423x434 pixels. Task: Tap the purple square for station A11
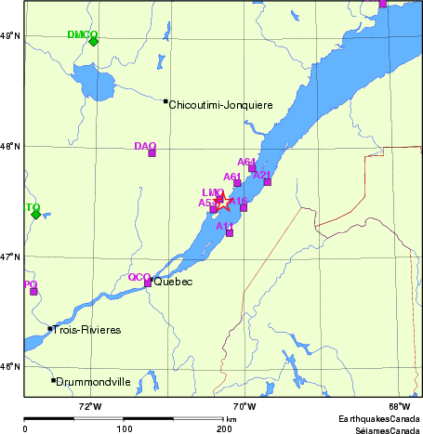pyautogui.click(x=230, y=232)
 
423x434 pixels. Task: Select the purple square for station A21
pyautogui.click(x=268, y=181)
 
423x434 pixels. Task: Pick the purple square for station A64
pyautogui.click(x=252, y=168)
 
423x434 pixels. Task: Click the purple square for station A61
pyautogui.click(x=237, y=182)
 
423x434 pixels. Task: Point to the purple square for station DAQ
pyautogui.click(x=152, y=152)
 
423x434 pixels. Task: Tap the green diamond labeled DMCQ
pyautogui.click(x=93, y=41)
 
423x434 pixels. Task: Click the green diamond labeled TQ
pyautogui.click(x=35, y=214)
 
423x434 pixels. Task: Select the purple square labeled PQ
pyautogui.click(x=33, y=291)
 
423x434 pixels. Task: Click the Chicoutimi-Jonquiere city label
pyautogui.click(x=221, y=105)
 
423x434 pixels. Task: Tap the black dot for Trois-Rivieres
pyautogui.click(x=50, y=328)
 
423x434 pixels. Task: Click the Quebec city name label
pyautogui.click(x=173, y=282)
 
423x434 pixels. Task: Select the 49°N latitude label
pyautogui.click(x=10, y=35)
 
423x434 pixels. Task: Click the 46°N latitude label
pyautogui.click(x=10, y=366)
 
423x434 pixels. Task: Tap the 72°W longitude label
pyautogui.click(x=89, y=405)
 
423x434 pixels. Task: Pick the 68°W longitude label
pyautogui.click(x=400, y=405)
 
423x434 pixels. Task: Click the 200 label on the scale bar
pyautogui.click(x=224, y=428)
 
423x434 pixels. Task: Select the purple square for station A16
pyautogui.click(x=244, y=207)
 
